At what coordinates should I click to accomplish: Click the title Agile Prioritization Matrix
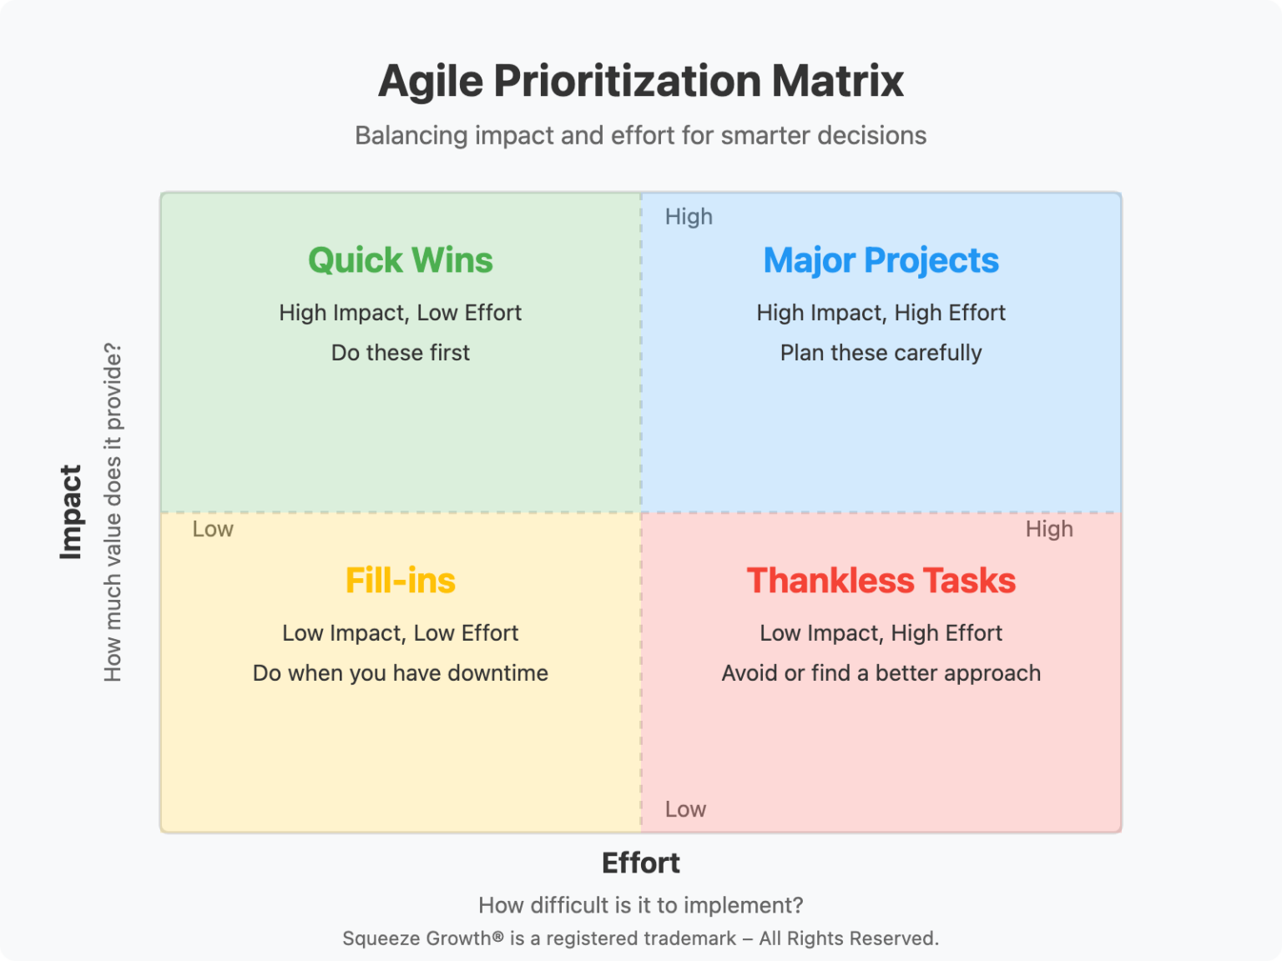pos(641,81)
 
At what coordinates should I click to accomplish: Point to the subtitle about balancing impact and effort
pos(641,135)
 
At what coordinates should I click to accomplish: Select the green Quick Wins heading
pos(400,260)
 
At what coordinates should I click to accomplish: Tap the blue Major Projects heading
pos(881,260)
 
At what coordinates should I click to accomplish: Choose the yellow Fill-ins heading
pos(400,581)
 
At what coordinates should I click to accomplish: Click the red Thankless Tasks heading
pos(881,581)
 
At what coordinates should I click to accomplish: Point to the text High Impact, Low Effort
pos(400,313)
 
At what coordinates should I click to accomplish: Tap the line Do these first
pos(400,352)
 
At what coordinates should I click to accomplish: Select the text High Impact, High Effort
pos(881,313)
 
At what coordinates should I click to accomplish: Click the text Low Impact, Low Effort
pos(400,633)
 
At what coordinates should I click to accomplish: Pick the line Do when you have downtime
pos(400,672)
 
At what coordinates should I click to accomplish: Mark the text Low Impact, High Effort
pos(881,633)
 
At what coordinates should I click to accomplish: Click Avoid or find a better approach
pos(881,673)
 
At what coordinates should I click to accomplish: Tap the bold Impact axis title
pos(71,512)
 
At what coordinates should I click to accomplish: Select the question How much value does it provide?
pos(113,512)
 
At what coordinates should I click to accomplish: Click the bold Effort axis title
pos(641,863)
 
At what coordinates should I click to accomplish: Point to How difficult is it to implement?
pos(641,906)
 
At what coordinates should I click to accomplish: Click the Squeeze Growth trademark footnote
pos(641,938)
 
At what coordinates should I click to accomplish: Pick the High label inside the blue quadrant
pos(689,217)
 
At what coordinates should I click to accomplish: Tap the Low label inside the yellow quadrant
pos(213,529)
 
